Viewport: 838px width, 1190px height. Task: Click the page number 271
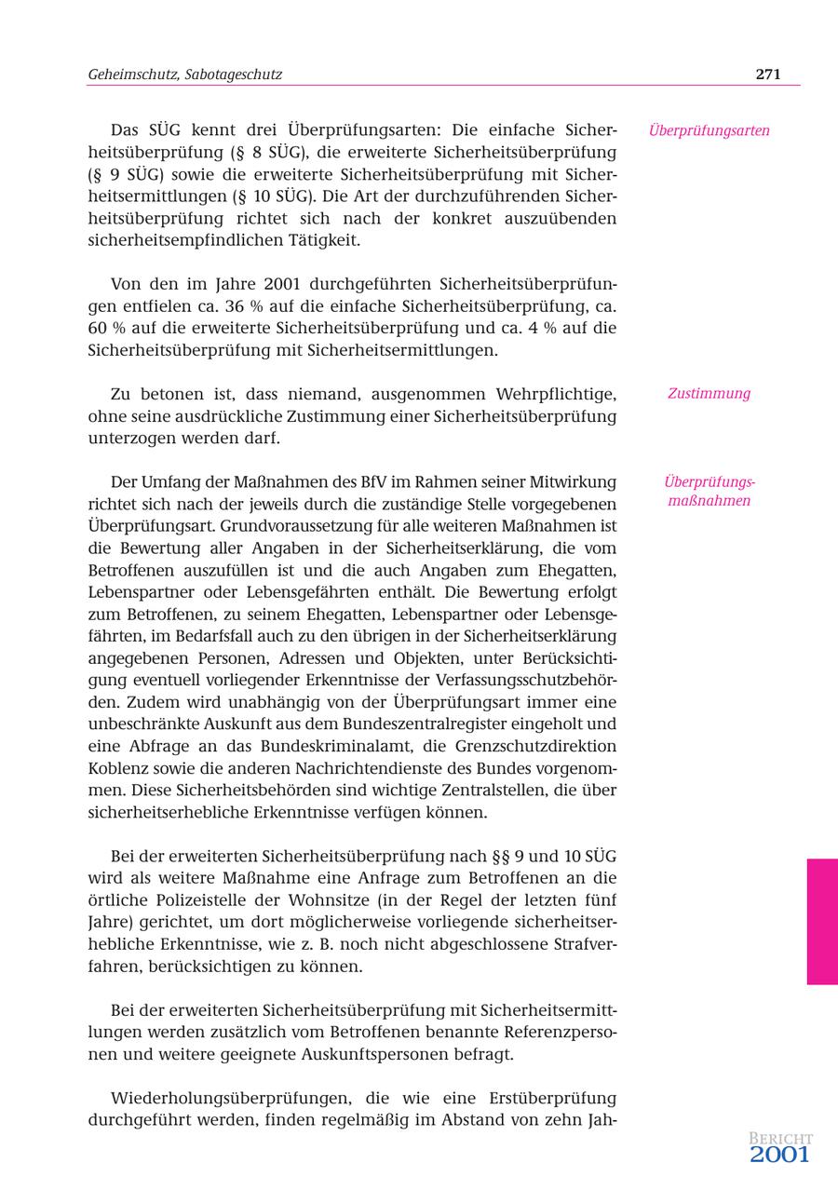coord(767,74)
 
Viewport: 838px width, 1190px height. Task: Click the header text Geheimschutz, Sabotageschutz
coord(184,74)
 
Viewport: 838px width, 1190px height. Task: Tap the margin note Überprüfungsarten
coord(709,130)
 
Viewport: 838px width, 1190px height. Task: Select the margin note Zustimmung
coord(709,393)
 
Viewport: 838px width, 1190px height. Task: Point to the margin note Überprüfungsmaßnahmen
coord(709,492)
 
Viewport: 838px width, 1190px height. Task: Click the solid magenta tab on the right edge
coord(821,921)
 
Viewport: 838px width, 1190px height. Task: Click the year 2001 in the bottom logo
coord(780,1156)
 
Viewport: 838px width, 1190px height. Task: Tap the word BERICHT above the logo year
coord(780,1139)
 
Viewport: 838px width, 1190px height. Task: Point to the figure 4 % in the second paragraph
coord(545,328)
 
